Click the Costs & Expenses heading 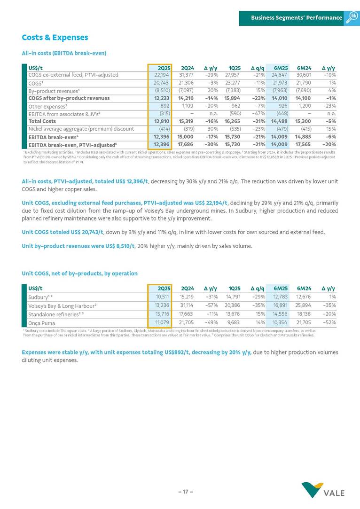[55, 37]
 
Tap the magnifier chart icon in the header [352, 17]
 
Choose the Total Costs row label [42, 121]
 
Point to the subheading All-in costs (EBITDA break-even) [64, 53]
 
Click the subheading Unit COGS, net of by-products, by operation [79, 273]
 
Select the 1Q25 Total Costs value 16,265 [232, 121]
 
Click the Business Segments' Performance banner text [296, 17]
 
